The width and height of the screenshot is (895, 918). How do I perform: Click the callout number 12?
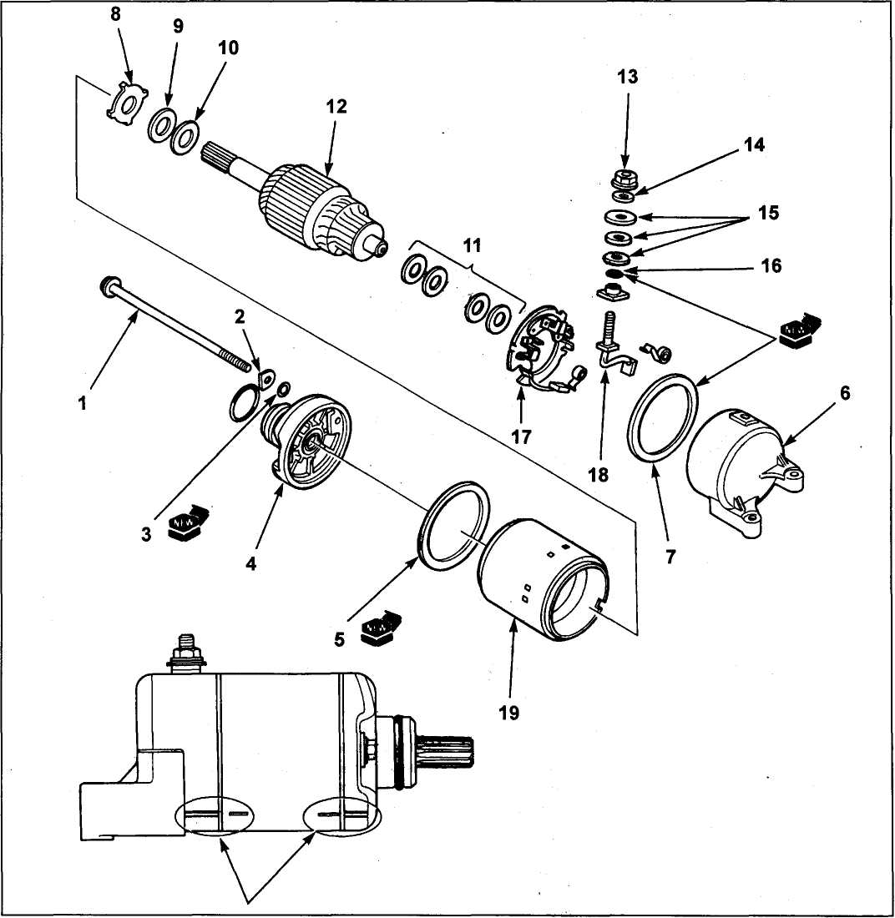[x=337, y=107]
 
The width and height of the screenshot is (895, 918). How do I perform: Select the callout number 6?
[x=846, y=393]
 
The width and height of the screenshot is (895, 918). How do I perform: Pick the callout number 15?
[x=768, y=213]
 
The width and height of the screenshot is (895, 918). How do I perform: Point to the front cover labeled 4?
[x=309, y=442]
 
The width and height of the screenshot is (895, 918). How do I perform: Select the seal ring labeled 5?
[x=455, y=526]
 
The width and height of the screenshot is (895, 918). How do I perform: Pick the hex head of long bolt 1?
[x=109, y=287]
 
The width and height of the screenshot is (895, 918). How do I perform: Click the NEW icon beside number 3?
[x=187, y=522]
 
